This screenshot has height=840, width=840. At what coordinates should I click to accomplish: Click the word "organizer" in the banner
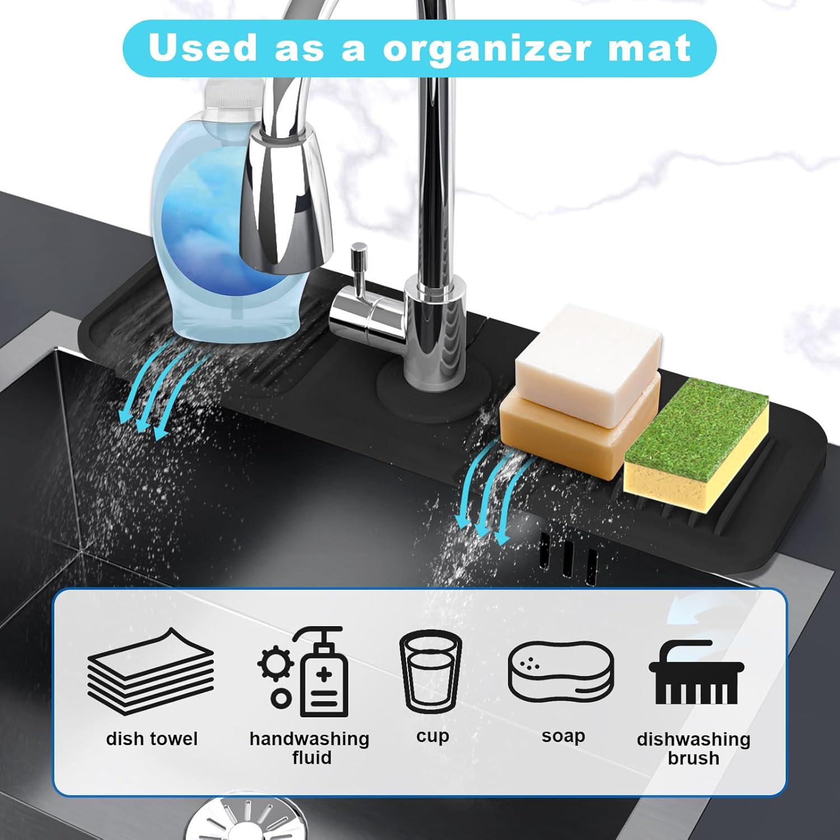click(486, 48)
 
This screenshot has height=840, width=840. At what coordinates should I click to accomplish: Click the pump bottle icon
click(324, 672)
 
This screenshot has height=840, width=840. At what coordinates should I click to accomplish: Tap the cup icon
click(431, 672)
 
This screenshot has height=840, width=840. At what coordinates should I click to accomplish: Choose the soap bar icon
click(561, 672)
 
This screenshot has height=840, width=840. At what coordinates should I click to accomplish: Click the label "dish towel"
click(152, 739)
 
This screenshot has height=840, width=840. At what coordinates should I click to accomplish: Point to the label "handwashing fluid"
click(310, 748)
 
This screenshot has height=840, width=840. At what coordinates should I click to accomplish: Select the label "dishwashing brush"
click(694, 748)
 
